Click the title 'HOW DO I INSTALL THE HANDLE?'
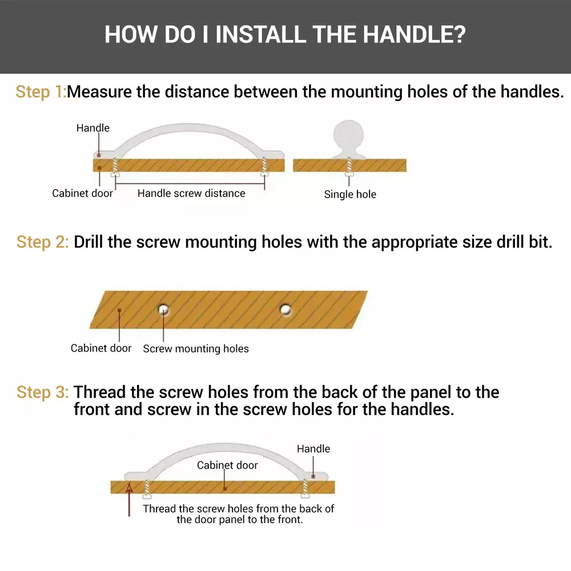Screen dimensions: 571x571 [x=285, y=35]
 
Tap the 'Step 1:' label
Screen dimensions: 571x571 [x=41, y=92]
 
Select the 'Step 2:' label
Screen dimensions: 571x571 [x=42, y=242]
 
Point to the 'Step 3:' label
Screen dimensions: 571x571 [x=42, y=393]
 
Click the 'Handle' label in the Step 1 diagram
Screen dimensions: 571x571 [x=93, y=128]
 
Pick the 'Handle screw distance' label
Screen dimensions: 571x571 [x=191, y=194]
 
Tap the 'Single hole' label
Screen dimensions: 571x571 [x=350, y=195]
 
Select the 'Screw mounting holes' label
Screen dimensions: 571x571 [x=196, y=349]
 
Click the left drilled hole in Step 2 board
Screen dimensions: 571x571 [x=163, y=309]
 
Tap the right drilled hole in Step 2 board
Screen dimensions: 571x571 [x=285, y=309]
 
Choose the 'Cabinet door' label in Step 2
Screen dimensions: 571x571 [x=101, y=348]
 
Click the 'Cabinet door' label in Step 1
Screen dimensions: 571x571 [x=82, y=194]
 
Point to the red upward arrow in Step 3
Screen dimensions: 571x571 [x=129, y=499]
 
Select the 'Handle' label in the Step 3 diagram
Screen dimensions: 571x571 [x=313, y=449]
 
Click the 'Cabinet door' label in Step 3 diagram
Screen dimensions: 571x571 [x=227, y=465]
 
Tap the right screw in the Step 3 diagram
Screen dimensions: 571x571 [x=305, y=488]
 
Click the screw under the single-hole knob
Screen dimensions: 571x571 [x=349, y=167]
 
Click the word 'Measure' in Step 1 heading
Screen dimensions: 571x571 [x=99, y=92]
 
